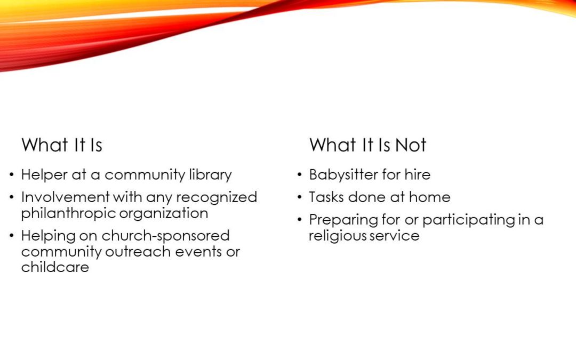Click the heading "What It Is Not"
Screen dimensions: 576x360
[x=367, y=145]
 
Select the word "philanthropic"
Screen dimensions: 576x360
[x=68, y=213]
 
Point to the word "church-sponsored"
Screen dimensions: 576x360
[x=166, y=236]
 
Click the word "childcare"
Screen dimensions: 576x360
[x=55, y=267]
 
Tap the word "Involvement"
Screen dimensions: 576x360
[x=66, y=197]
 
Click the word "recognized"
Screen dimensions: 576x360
[x=217, y=198]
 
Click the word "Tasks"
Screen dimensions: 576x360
[x=326, y=197]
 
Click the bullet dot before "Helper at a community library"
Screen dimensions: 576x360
[x=12, y=175]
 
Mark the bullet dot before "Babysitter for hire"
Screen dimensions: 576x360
[x=300, y=175]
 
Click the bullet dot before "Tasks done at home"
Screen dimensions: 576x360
[x=300, y=198]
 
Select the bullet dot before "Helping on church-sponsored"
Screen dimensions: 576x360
[x=12, y=236]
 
